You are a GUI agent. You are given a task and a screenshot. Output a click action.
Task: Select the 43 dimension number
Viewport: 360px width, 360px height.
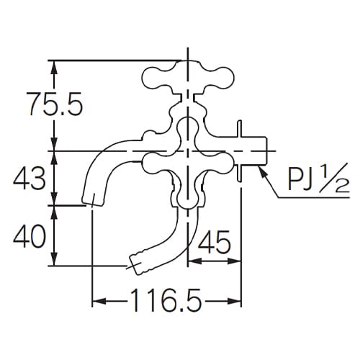pos(32,177)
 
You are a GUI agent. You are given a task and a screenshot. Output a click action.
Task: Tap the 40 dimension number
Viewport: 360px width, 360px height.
pos(33,235)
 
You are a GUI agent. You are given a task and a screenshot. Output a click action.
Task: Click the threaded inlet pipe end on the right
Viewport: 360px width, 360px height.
pos(260,152)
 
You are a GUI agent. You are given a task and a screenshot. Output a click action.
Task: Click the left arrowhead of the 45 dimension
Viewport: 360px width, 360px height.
pos(193,264)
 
